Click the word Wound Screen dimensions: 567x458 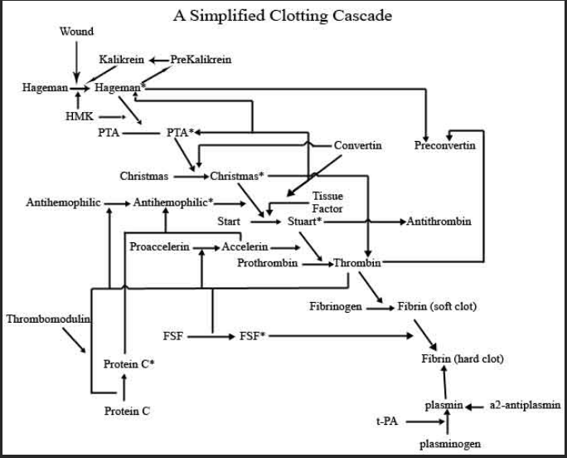tap(76, 32)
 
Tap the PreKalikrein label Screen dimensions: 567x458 tap(201, 60)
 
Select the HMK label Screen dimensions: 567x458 tap(80, 116)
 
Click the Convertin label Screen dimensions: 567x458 tap(357, 145)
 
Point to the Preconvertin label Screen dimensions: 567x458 tap(445, 145)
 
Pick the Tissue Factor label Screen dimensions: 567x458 tap(327, 202)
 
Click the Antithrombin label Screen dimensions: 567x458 tap(439, 222)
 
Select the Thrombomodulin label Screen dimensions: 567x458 tap(48, 319)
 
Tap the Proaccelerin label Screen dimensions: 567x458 tap(159, 247)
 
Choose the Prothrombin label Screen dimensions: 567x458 tap(267, 263)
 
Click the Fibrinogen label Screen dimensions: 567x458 tap(336, 306)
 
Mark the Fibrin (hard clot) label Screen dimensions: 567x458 tap(463, 358)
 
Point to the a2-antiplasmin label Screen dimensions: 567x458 tap(525, 405)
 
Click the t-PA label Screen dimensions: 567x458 tap(387, 421)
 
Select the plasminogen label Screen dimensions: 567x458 tap(450, 444)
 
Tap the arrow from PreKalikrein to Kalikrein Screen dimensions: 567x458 tap(159, 60)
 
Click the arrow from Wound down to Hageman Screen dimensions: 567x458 tap(76, 62)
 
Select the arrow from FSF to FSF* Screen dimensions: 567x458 tap(211, 337)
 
